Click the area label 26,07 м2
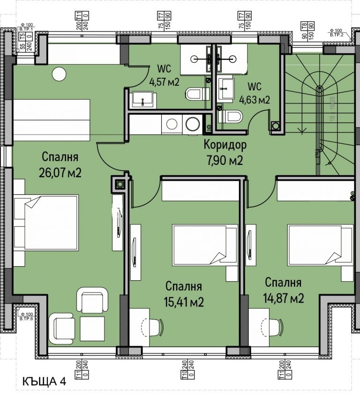[61, 173]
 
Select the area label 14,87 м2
[284, 298]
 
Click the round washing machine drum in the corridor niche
[192, 125]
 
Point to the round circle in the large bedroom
[59, 74]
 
